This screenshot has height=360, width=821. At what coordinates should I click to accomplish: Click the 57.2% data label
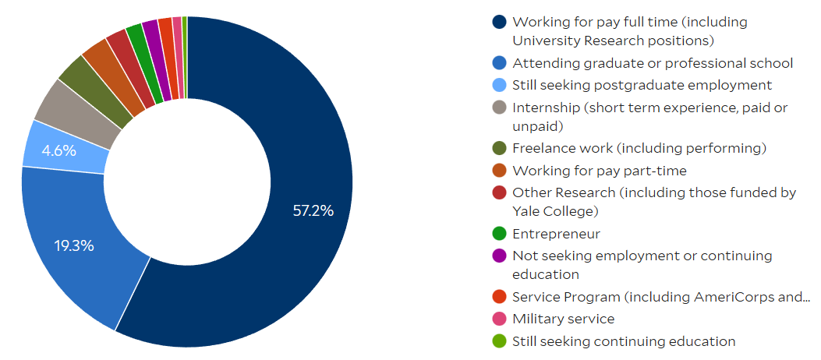pos(312,210)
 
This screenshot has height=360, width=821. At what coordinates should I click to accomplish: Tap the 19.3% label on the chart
pos(74,246)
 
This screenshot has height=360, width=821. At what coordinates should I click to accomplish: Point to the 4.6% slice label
pos(59,151)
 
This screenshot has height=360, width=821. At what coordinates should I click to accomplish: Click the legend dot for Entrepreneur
pos(499,234)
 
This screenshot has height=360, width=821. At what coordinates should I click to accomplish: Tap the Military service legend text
pos(563,319)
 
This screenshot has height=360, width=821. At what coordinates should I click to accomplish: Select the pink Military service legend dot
pos(499,319)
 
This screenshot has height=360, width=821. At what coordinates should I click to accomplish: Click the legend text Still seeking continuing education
pos(624,341)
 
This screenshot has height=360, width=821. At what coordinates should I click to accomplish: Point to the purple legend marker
pos(499,256)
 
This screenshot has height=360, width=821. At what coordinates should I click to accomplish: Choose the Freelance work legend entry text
pos(639,148)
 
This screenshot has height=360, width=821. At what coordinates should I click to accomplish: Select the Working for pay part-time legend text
pos(600,170)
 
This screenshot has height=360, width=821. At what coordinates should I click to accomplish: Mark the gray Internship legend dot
pos(499,108)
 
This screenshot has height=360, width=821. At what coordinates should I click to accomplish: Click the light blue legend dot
pos(499,85)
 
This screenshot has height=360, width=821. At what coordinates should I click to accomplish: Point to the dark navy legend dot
pos(499,22)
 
